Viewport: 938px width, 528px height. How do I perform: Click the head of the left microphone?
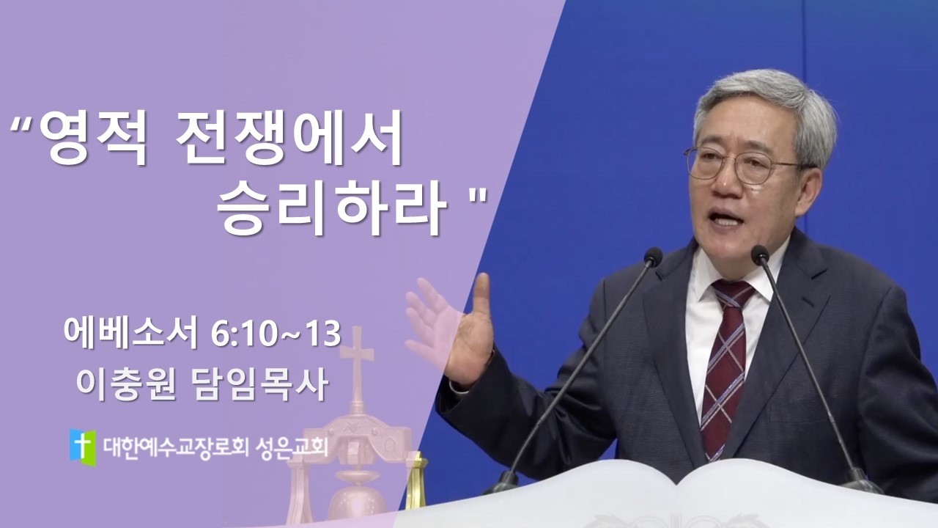[652, 257]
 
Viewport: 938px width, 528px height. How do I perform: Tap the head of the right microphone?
[760, 254]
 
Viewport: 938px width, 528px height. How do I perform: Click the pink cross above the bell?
[357, 359]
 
